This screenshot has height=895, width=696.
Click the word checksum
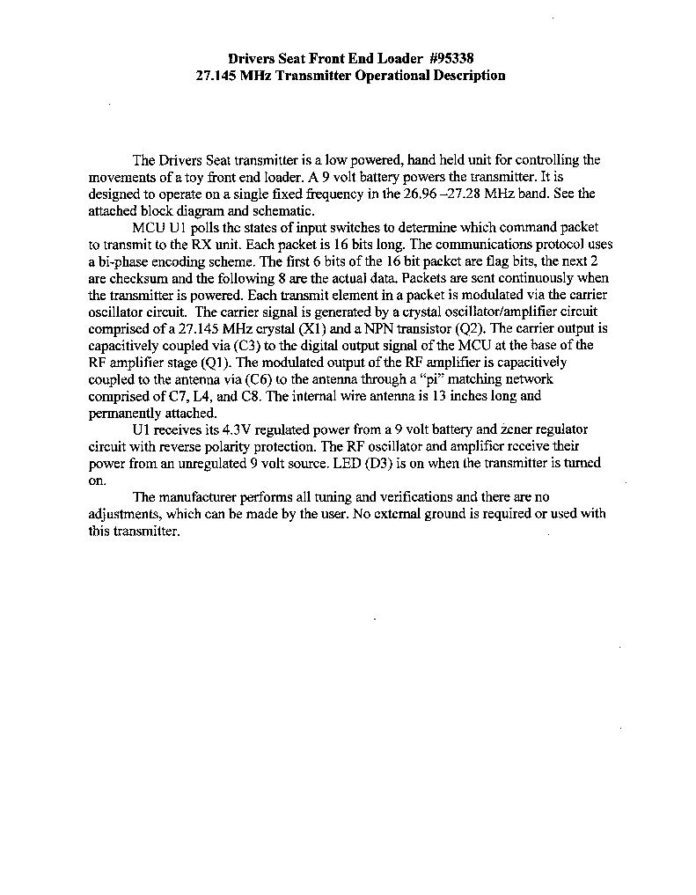coord(137,278)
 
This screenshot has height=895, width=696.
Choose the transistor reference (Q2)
coord(468,328)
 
